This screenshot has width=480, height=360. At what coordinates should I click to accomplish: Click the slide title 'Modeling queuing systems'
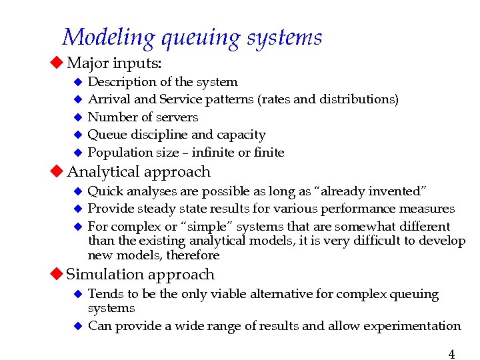click(x=192, y=37)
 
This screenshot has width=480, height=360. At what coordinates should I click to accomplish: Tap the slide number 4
click(x=451, y=354)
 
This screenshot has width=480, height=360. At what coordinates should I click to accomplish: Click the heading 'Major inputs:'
click(x=115, y=63)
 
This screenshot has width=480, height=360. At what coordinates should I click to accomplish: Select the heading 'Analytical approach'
click(x=139, y=172)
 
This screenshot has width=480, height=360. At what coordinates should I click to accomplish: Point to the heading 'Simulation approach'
click(x=141, y=274)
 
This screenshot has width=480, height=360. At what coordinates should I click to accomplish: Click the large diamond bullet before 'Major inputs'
click(x=58, y=63)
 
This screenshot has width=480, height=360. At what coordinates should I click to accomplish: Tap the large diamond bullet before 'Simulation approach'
click(x=58, y=274)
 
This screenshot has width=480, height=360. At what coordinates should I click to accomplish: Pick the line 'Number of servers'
click(x=143, y=117)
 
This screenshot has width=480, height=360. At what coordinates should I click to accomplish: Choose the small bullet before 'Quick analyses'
click(x=77, y=192)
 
